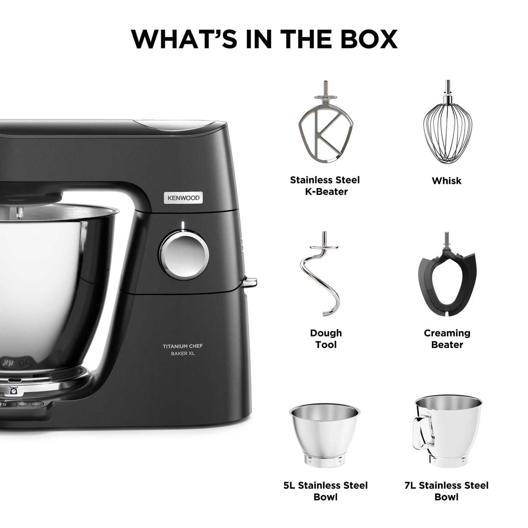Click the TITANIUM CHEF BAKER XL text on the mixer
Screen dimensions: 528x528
[182, 349]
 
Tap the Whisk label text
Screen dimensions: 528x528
[446, 181]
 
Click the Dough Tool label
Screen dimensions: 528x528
[326, 339]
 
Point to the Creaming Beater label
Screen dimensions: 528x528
[447, 339]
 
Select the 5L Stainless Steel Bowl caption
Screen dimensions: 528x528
[326, 491]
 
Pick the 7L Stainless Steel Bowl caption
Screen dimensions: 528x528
[446, 491]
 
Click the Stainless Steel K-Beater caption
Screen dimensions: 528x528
[325, 186]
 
